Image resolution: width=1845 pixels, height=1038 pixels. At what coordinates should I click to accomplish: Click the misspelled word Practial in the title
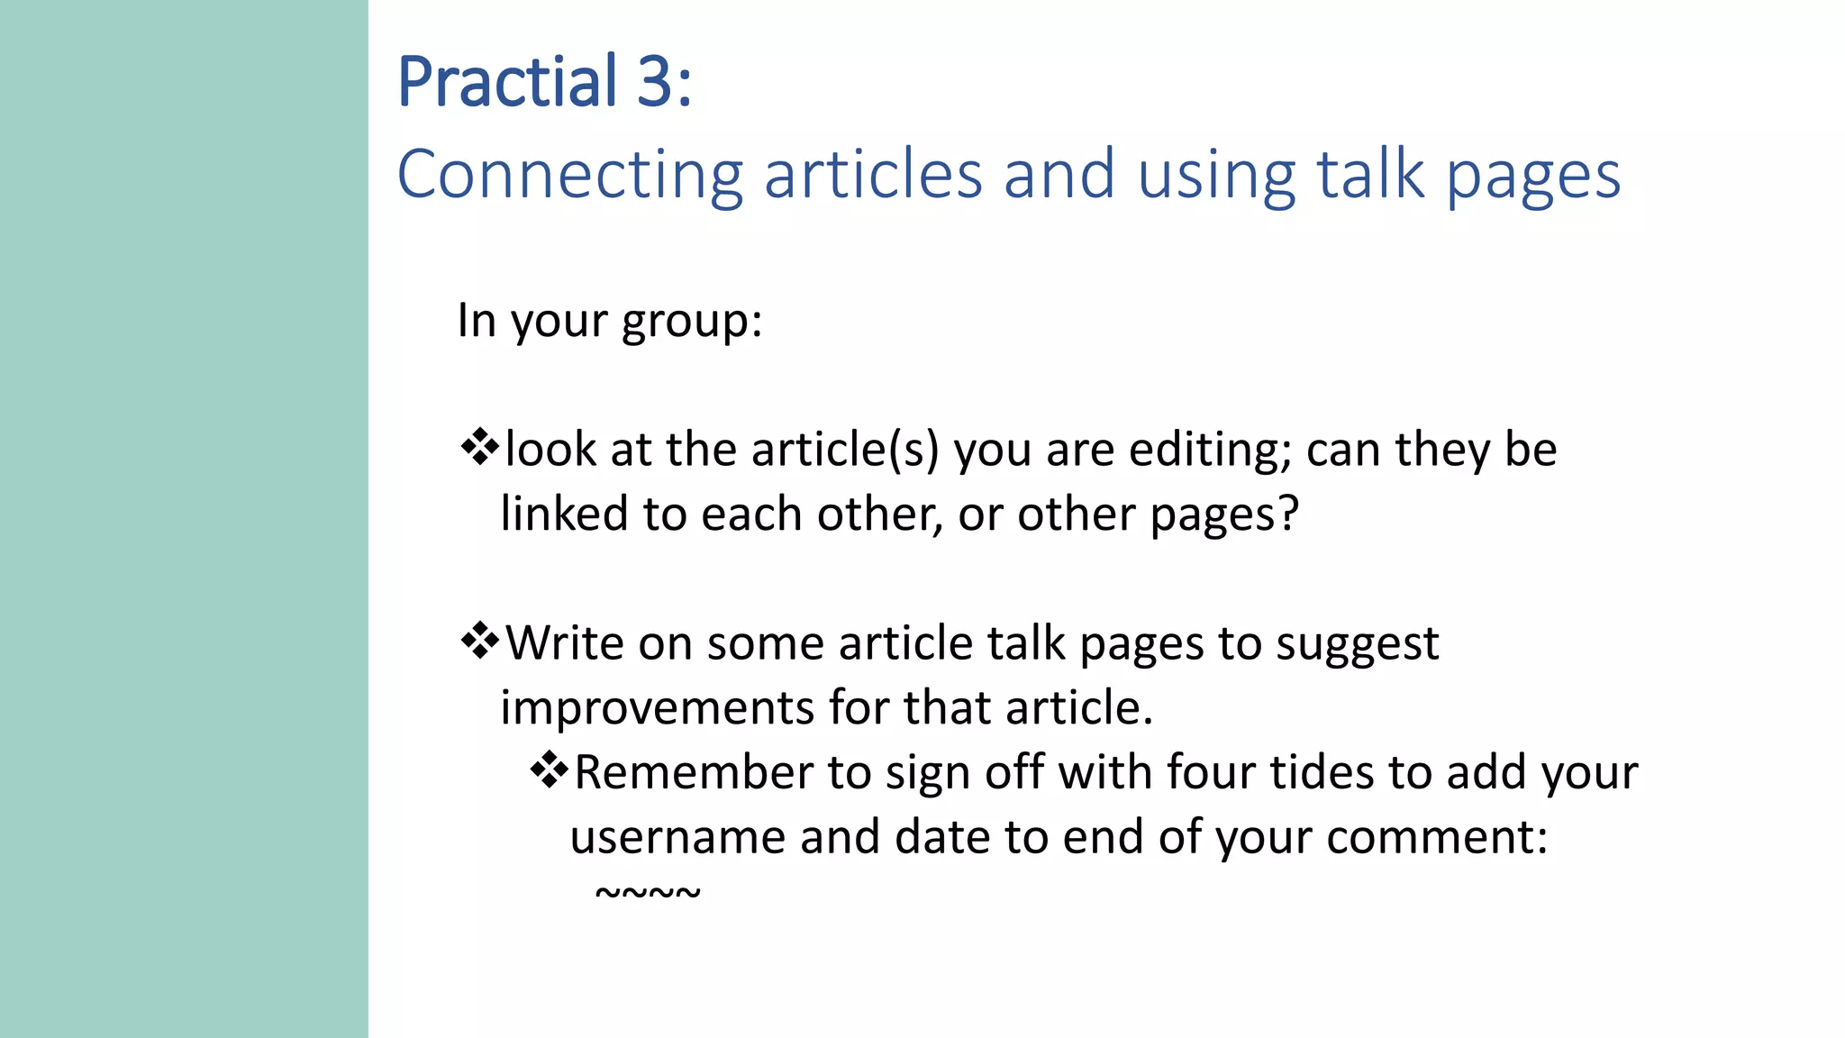click(x=507, y=83)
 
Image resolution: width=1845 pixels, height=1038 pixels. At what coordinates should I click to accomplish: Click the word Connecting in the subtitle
click(x=569, y=175)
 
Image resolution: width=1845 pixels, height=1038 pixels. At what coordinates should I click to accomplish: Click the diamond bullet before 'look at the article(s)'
click(x=479, y=448)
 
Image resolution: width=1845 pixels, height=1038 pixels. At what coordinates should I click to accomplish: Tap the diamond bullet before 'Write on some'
click(x=479, y=642)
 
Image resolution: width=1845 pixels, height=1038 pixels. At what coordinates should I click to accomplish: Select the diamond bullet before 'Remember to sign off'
click(x=549, y=770)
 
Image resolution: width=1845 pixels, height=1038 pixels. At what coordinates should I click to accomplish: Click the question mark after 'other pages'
click(x=1289, y=514)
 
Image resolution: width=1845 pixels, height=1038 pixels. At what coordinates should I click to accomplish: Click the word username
click(x=677, y=837)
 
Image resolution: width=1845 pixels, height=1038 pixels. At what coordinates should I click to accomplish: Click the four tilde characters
click(x=648, y=892)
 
